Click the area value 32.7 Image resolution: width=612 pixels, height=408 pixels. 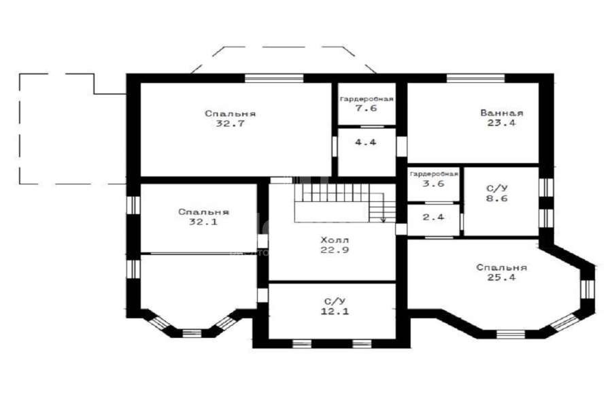click(x=230, y=124)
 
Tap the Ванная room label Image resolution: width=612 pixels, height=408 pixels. click(x=502, y=114)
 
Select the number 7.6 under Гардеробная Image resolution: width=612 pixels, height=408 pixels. click(x=366, y=108)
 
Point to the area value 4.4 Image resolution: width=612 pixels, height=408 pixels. click(x=366, y=142)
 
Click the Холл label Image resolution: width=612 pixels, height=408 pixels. click(x=335, y=240)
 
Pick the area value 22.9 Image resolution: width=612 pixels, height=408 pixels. click(x=335, y=250)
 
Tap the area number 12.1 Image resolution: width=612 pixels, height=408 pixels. click(x=335, y=311)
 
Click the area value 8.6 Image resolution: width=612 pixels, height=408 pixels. click(x=497, y=199)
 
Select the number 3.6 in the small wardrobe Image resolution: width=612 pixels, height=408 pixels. click(x=433, y=184)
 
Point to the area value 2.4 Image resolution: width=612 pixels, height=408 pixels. click(x=433, y=217)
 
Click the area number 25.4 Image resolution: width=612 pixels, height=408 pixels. click(x=502, y=277)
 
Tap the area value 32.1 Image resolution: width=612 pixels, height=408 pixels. click(x=203, y=222)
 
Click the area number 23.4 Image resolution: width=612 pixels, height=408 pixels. click(x=502, y=123)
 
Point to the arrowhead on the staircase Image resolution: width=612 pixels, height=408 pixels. click(x=384, y=220)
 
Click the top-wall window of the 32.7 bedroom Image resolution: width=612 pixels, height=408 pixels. click(x=274, y=78)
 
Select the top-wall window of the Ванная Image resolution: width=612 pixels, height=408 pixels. click(x=475, y=78)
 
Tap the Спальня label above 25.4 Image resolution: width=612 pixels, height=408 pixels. click(x=502, y=268)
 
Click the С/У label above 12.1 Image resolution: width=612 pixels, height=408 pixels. click(x=335, y=301)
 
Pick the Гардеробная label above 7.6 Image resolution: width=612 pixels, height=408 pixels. click(x=367, y=99)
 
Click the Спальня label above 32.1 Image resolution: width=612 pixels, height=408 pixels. click(x=203, y=212)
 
